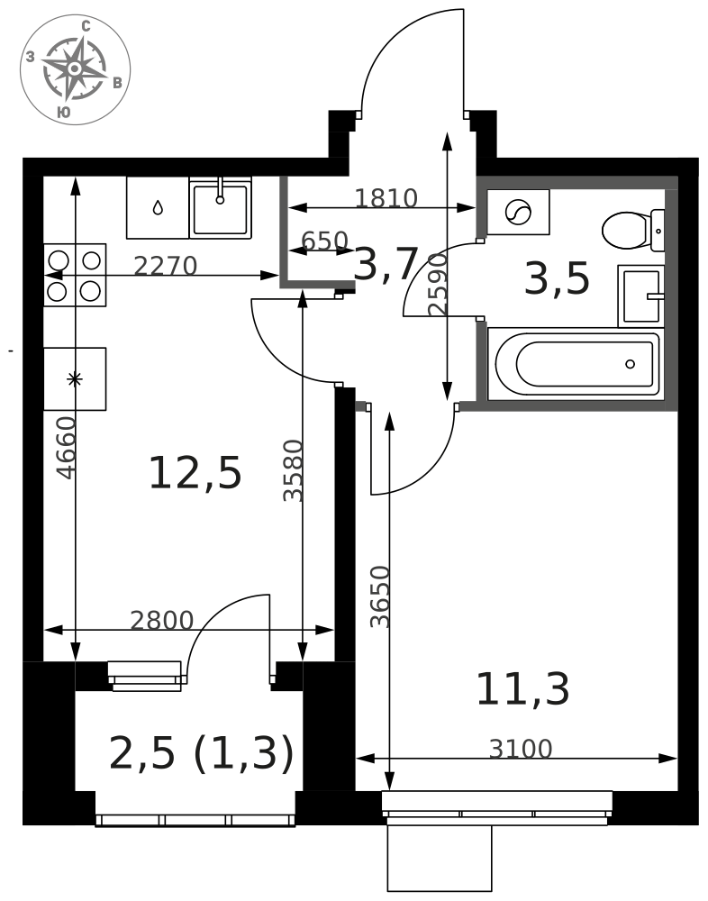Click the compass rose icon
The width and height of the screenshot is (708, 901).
pos(75,69)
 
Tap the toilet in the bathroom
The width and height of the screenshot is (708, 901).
pos(633,231)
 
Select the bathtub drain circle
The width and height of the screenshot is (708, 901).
pos(630,364)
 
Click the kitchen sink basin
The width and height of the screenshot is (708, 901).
pos(220,208)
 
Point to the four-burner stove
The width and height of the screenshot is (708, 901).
pos(75,275)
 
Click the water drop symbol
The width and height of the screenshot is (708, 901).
pos(158,207)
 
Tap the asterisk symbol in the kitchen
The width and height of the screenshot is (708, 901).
pos(75,378)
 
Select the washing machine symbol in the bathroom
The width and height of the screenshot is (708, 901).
pos(518,212)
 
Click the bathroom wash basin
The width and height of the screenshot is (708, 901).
pos(641,296)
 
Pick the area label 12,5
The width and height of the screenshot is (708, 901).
pos(195,473)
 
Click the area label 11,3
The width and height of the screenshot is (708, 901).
pos(522,689)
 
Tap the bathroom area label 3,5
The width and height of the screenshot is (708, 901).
pos(557,278)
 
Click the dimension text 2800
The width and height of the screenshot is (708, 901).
pos(161,621)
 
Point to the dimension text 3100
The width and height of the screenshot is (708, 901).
pos(521,750)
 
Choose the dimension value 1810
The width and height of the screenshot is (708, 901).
pos(386,198)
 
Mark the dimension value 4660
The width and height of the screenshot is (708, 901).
pos(67,448)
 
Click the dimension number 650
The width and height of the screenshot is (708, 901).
pos(324,241)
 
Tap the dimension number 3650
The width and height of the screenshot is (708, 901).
pos(380,597)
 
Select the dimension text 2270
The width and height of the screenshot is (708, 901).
pos(166,266)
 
